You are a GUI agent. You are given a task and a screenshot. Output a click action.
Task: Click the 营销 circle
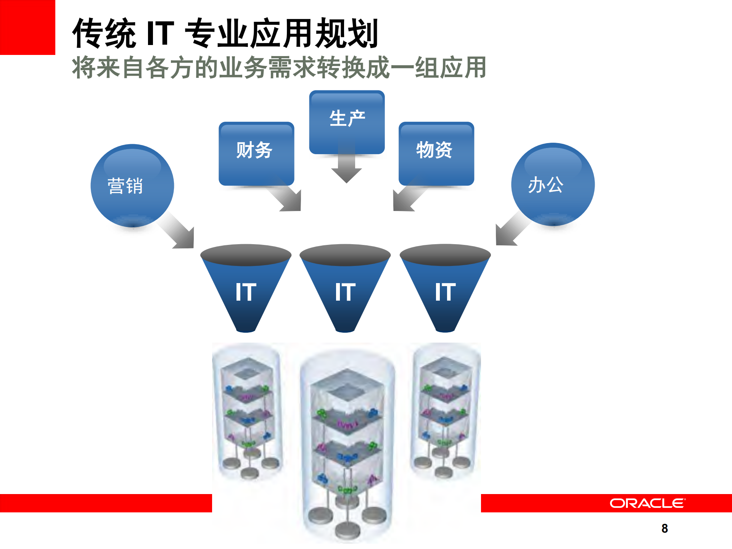point(132,185)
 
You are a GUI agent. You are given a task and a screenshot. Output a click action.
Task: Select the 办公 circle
point(552,184)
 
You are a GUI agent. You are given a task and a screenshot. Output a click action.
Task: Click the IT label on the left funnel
point(246,292)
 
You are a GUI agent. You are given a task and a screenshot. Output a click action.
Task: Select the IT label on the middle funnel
point(345,292)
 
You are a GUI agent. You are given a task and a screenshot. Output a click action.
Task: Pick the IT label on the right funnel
point(445,292)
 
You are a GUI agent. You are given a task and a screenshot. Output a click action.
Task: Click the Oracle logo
point(647,503)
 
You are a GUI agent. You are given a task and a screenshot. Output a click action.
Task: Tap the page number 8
point(664,528)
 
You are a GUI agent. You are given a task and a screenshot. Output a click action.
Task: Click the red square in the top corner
point(27,27)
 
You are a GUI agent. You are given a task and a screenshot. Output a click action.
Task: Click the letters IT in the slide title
point(160,33)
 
